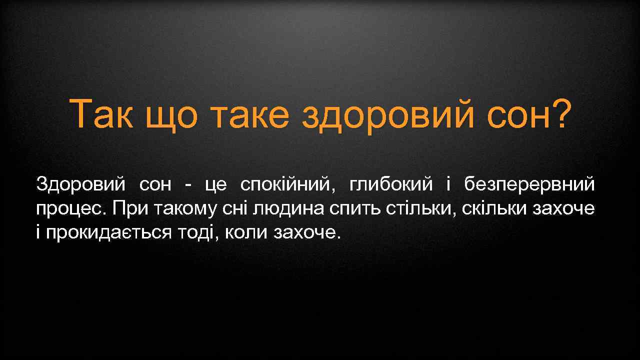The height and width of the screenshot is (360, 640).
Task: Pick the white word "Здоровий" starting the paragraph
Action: pos(80,185)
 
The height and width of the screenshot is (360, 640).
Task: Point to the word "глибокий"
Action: pos(391,185)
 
